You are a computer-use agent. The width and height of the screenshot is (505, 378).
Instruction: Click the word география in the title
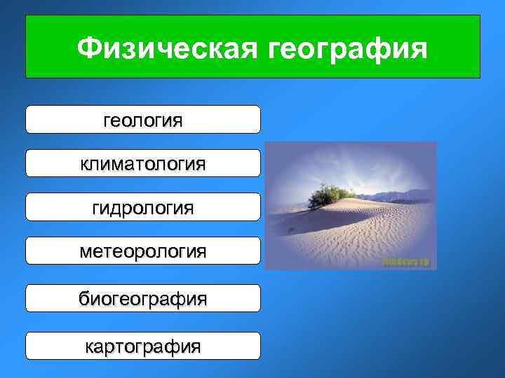point(348,48)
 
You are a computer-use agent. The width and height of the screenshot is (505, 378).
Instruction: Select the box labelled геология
point(143,120)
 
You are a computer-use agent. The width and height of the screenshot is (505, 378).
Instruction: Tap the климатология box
point(143,163)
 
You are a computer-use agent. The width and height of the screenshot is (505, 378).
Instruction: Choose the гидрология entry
point(143,207)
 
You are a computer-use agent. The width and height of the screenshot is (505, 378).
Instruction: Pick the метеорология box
point(143,251)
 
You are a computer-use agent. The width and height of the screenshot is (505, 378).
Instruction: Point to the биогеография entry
point(143,298)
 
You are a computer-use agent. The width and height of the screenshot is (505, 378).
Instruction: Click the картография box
point(143,346)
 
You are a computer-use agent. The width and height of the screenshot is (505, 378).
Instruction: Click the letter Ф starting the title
point(90,48)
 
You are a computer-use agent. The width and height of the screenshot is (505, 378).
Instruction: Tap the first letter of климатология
point(84,164)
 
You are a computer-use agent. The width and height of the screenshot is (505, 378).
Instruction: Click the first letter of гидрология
point(96,208)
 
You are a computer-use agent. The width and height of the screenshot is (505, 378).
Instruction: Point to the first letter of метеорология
point(86,251)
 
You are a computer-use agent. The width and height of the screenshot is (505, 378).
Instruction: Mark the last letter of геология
point(177,120)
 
